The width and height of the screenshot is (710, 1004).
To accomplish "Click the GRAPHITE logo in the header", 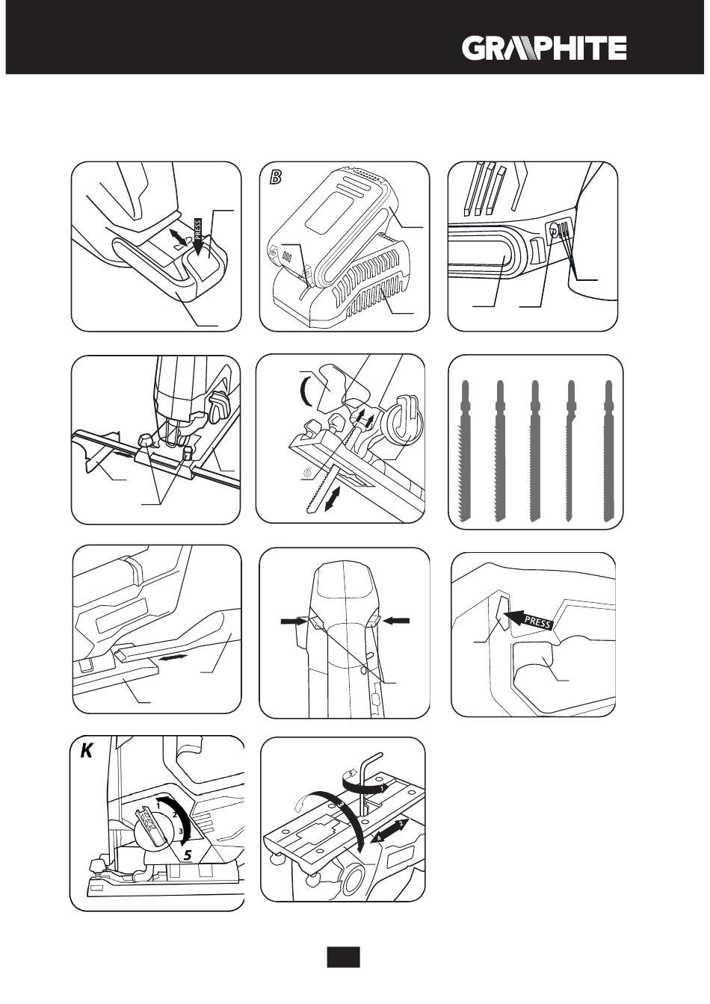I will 544,49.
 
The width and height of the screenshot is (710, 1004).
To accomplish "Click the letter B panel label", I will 277,178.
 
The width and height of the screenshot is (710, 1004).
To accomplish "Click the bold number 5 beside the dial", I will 189,853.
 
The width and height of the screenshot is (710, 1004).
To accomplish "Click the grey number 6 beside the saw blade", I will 306,472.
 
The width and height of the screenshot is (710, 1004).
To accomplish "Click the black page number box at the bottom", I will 343,957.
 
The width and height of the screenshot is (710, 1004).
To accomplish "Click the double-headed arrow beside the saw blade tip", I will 336,498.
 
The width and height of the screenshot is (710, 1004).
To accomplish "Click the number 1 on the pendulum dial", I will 159,806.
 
